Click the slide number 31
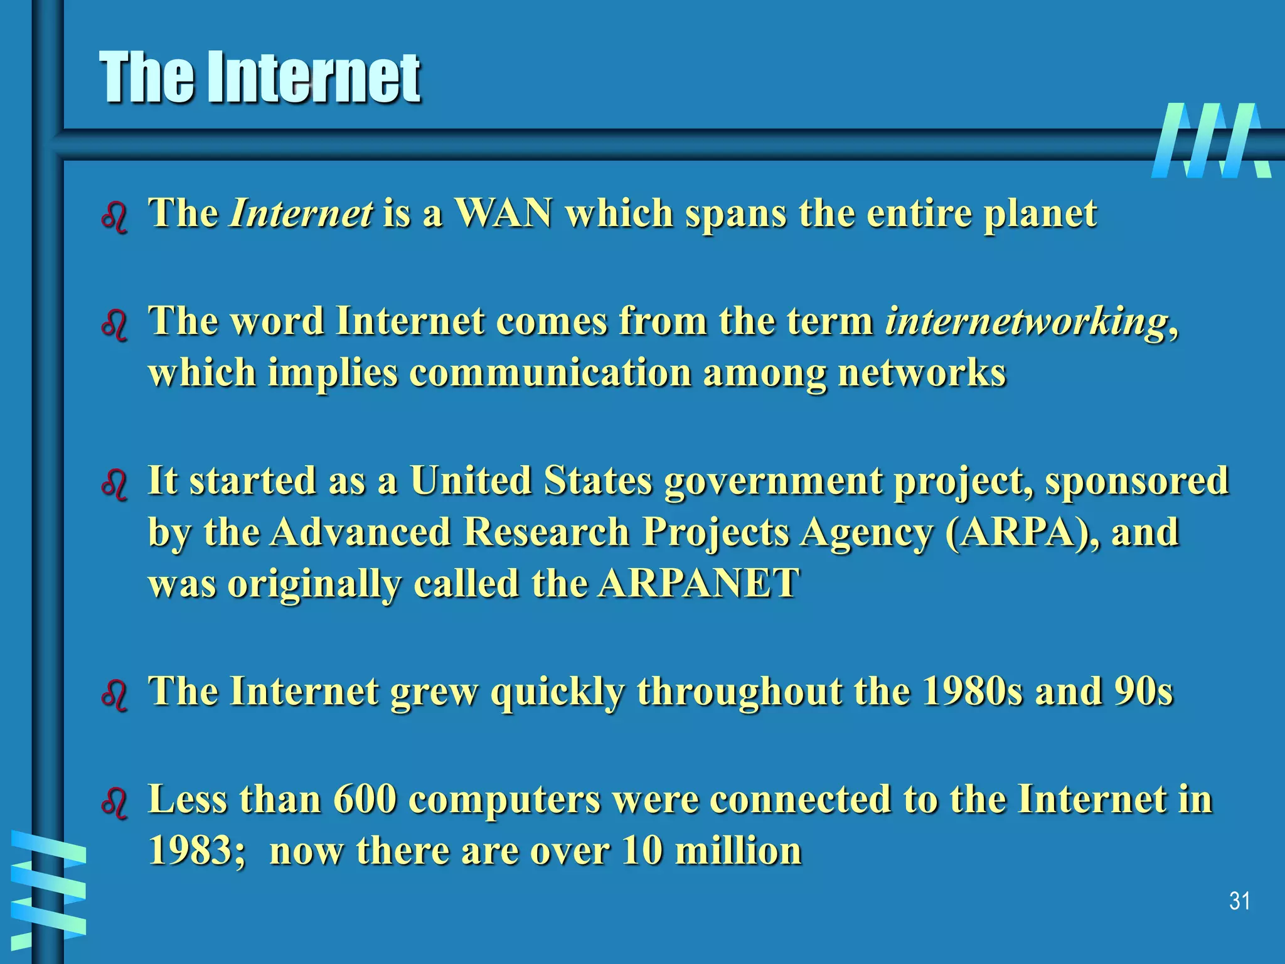tap(1239, 901)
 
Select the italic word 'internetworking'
tap(1026, 321)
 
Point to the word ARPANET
tap(698, 584)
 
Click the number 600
tap(365, 799)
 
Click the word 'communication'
tap(550, 373)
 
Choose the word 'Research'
tap(546, 532)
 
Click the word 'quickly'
tap(557, 691)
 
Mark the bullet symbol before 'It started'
tap(114, 486)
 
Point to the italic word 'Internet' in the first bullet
tap(301, 213)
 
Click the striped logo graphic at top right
tap(1210, 140)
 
